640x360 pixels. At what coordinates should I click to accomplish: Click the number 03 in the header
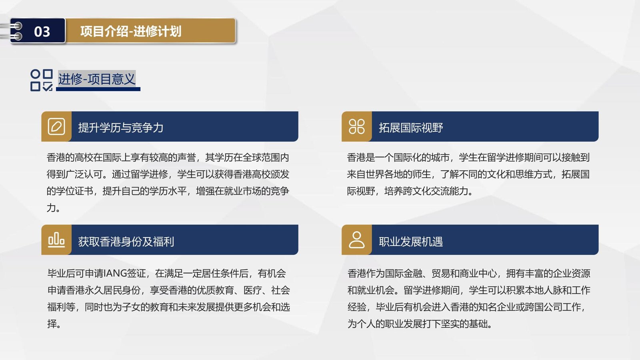click(x=42, y=32)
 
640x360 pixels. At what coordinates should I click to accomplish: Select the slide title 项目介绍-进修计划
click(x=130, y=31)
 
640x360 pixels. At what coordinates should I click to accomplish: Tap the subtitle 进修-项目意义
click(x=96, y=79)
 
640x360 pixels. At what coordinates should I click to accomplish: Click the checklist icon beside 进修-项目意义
click(x=42, y=80)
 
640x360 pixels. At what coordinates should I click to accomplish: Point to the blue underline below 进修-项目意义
click(x=98, y=89)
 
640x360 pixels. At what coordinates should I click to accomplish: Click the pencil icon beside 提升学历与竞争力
click(x=56, y=126)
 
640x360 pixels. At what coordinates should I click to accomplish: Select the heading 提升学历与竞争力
click(x=120, y=128)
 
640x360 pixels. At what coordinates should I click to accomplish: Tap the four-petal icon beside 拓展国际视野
click(x=356, y=126)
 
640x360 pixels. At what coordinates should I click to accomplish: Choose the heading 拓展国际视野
click(x=411, y=128)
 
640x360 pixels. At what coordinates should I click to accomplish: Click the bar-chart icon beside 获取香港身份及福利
click(x=56, y=240)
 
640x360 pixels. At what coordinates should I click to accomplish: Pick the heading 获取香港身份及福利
click(x=126, y=242)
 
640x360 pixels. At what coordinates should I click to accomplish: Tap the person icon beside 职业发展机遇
click(x=356, y=240)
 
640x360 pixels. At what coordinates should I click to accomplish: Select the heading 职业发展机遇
click(x=411, y=242)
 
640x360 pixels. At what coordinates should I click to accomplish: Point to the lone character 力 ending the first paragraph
click(x=51, y=208)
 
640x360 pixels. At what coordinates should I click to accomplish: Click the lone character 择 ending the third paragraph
click(x=52, y=324)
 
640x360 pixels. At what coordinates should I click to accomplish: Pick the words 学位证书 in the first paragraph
click(x=74, y=191)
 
